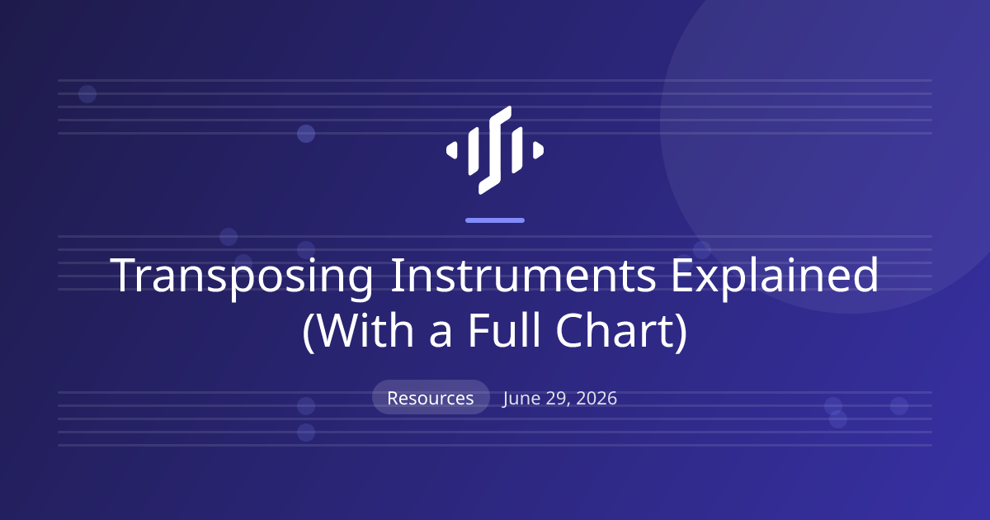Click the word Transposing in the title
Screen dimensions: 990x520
point(241,277)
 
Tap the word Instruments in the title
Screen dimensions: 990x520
point(523,275)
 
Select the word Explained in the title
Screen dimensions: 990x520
point(775,277)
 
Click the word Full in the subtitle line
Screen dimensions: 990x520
point(504,330)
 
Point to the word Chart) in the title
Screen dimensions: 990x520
point(621,332)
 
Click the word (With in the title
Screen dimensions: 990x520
point(358,332)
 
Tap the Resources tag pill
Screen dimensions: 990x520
point(431,397)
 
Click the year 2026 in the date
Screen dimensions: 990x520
point(596,398)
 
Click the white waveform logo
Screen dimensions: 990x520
point(495,150)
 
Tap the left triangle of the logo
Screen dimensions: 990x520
point(452,150)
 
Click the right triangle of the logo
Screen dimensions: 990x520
point(538,150)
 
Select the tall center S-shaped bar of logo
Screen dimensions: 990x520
point(495,150)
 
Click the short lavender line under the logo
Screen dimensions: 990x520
point(495,220)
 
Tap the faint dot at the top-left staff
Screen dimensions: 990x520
point(87,94)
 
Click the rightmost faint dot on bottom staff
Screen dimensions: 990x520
point(899,406)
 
